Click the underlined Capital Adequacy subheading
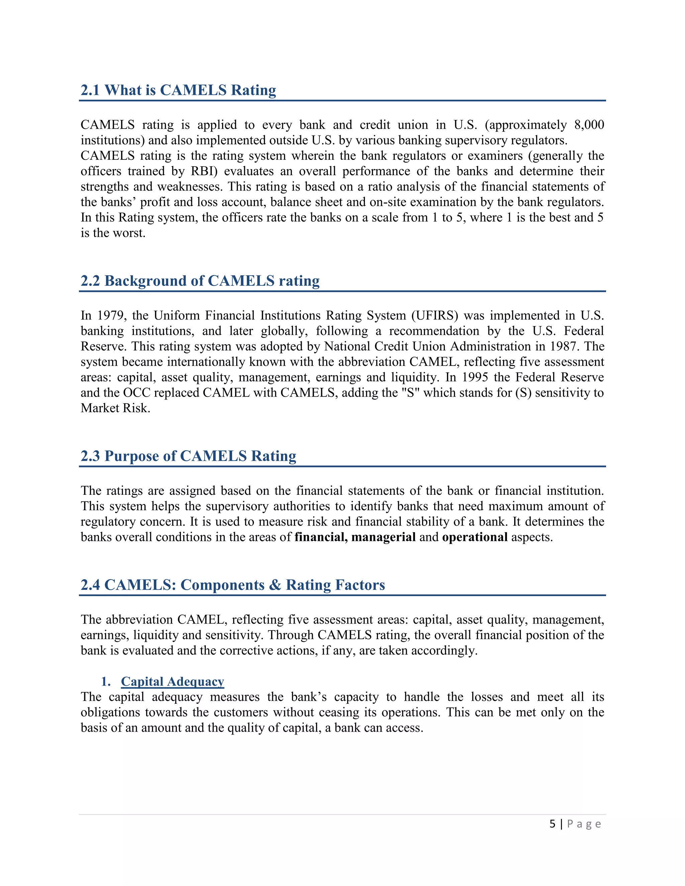tap(173, 681)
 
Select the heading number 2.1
tap(90, 90)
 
